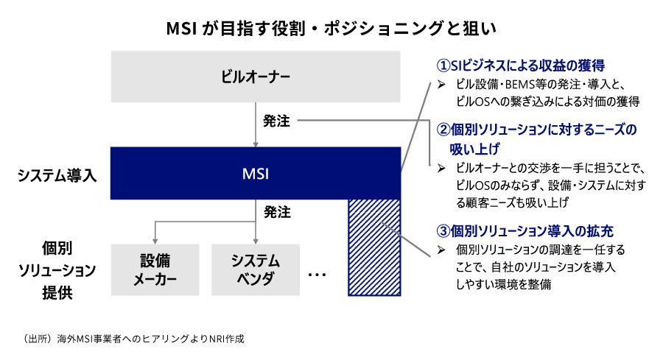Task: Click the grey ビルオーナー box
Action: (x=256, y=77)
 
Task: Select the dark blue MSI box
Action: (x=256, y=173)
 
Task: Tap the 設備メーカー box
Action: (x=155, y=269)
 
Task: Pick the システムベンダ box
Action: (x=256, y=269)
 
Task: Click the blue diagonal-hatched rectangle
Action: (x=374, y=247)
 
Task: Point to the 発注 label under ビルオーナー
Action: (x=276, y=121)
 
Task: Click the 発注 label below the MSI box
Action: (x=278, y=212)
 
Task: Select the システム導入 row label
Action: (x=57, y=175)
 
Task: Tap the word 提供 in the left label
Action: (x=57, y=292)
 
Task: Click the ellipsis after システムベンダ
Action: (x=317, y=275)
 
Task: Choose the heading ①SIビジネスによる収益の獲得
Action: (x=521, y=66)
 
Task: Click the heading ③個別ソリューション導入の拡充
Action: (x=525, y=230)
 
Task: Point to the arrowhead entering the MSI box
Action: (x=256, y=144)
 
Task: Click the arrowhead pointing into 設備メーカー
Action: (x=155, y=241)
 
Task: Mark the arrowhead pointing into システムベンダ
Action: (x=256, y=241)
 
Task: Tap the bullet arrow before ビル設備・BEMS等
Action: (x=441, y=85)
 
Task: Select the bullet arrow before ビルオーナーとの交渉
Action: (x=441, y=169)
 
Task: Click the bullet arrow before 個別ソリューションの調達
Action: (x=441, y=250)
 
